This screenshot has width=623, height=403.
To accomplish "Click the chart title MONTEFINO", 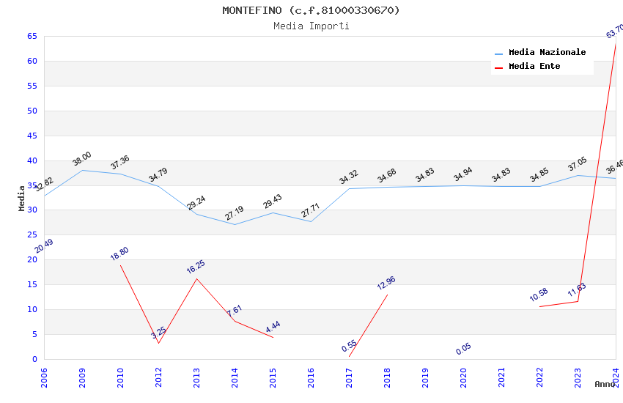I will pos(311,10).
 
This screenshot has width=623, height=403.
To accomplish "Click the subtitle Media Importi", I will pos(311,26).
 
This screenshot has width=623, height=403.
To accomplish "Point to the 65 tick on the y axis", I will pos(32,36).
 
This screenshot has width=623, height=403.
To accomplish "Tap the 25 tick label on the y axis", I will pos(32,235).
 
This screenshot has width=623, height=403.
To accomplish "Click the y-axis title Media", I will pos(22,198).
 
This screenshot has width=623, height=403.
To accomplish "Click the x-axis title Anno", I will pos(605,384).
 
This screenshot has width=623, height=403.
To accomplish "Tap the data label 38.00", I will pos(82,158).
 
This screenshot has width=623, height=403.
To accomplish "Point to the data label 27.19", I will pos(235,213).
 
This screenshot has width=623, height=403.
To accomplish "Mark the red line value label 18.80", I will pos(119,254).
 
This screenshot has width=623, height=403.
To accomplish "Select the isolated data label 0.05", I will pos(463,349).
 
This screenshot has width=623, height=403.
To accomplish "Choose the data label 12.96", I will pos(386,283).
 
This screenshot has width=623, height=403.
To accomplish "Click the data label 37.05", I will pos(578,163).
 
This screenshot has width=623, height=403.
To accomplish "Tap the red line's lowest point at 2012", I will pos(158,343).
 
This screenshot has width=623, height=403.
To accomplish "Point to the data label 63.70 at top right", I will pos(614,32).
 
